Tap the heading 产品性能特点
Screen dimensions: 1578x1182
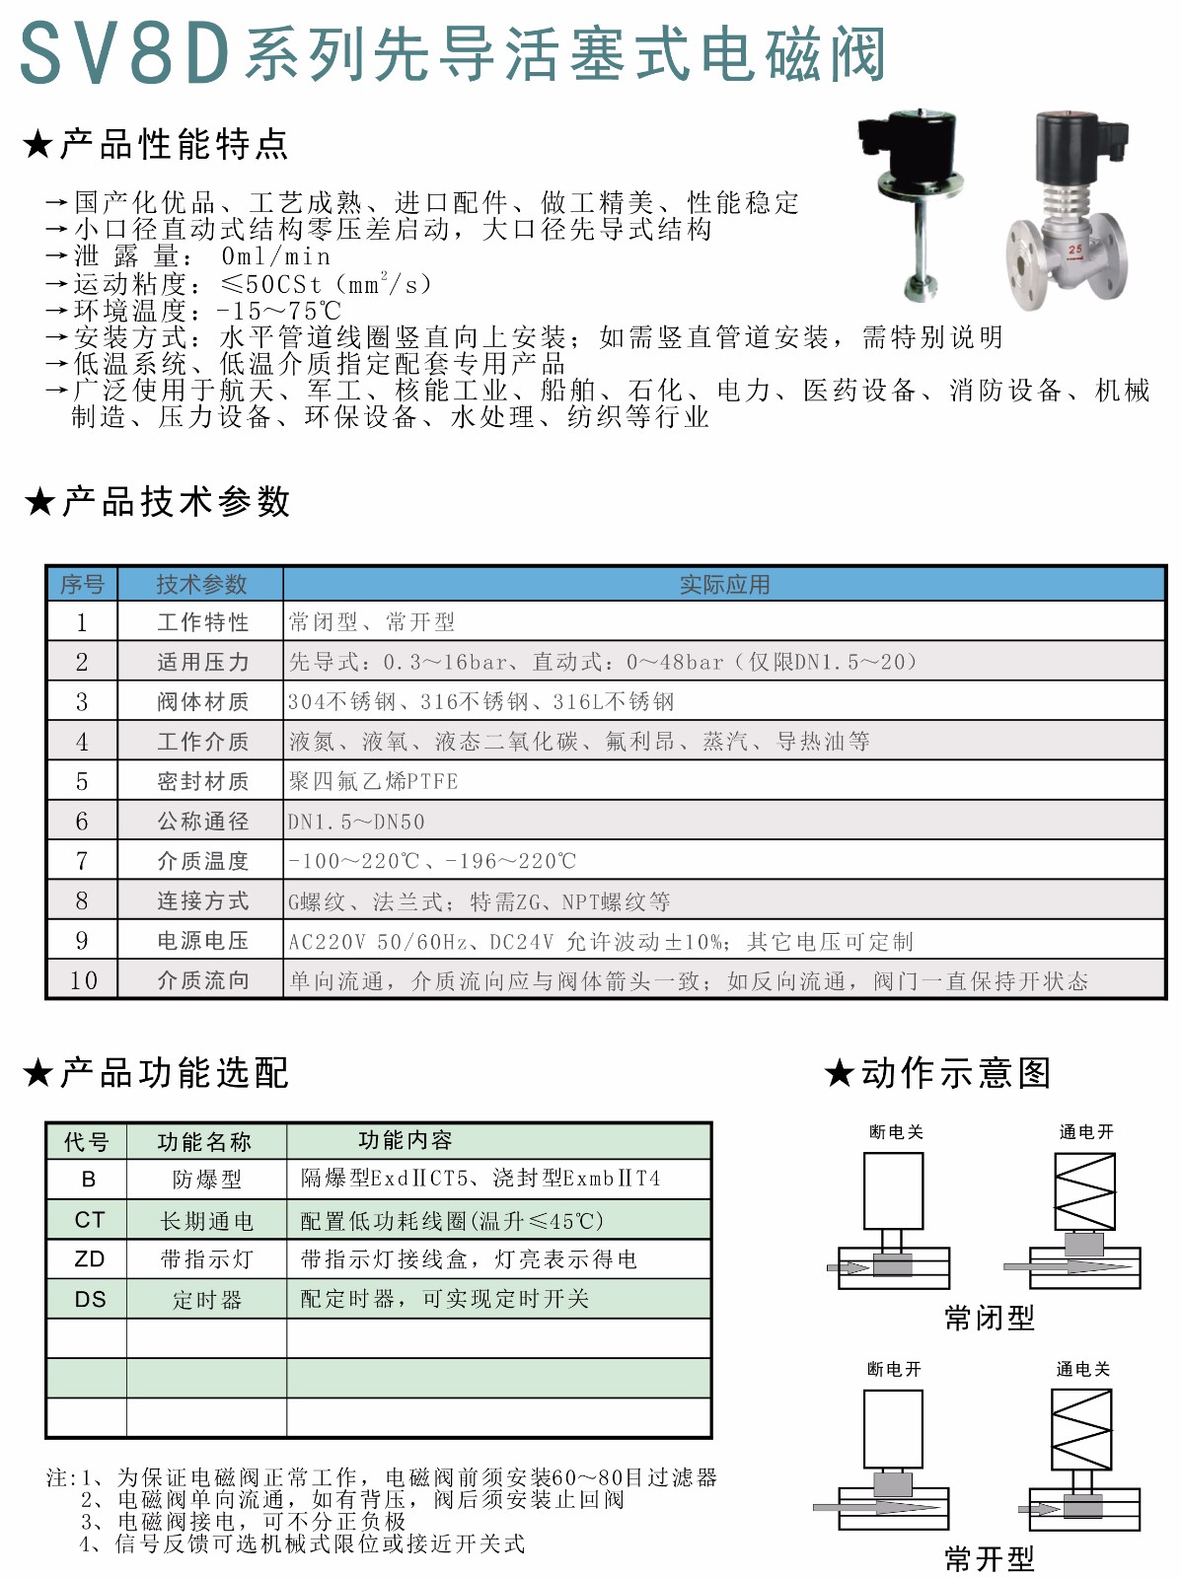tap(174, 144)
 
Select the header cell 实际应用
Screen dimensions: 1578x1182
tap(724, 584)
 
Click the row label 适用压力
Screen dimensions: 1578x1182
tap(202, 662)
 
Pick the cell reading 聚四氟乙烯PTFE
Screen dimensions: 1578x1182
tap(373, 781)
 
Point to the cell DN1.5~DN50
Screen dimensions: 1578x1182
tap(356, 822)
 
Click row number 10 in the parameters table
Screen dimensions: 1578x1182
tap(83, 980)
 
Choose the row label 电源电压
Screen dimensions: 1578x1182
tap(202, 941)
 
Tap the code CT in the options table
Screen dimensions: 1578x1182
tap(89, 1220)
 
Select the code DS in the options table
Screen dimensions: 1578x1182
tap(90, 1299)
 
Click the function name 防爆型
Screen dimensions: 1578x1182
tap(206, 1180)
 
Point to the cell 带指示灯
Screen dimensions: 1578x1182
tap(206, 1259)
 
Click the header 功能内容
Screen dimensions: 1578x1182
tap(405, 1140)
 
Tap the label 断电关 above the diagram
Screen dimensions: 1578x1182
tap(896, 1131)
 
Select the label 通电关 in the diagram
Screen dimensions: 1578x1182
tap(1082, 1369)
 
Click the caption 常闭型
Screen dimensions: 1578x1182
tap(989, 1318)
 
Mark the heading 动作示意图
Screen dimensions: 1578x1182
tap(955, 1072)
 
